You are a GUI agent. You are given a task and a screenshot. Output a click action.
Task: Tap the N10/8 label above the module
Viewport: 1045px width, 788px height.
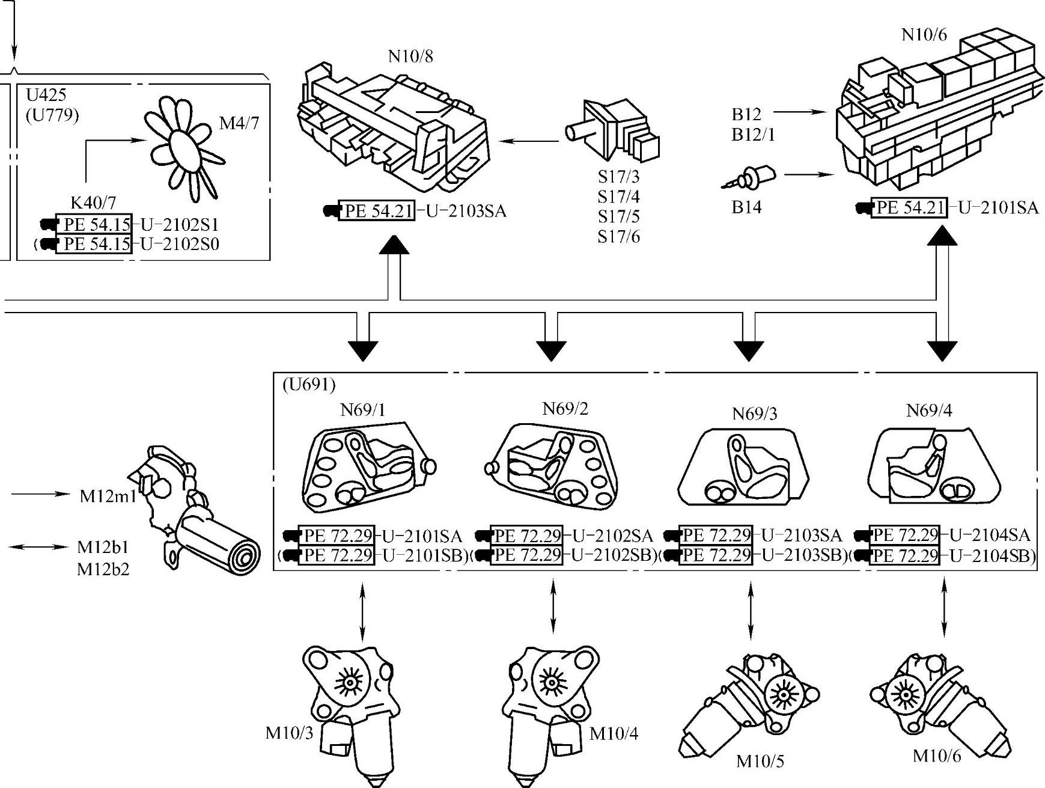click(410, 56)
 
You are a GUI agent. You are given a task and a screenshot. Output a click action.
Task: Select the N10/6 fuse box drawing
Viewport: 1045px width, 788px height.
click(937, 114)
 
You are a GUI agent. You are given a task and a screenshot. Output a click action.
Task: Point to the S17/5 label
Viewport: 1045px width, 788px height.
click(618, 216)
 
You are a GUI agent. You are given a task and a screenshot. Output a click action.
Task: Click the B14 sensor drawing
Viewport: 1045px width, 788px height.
click(751, 178)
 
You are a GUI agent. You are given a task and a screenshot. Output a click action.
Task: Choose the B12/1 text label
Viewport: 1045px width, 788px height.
click(754, 135)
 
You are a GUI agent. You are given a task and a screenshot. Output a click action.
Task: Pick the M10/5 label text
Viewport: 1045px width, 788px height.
click(760, 762)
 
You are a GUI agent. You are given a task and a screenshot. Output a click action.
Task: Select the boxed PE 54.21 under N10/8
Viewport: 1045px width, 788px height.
click(377, 211)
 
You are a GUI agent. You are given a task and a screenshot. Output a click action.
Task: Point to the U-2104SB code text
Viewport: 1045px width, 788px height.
click(992, 556)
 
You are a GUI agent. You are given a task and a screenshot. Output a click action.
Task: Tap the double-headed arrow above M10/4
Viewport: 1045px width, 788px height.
click(553, 605)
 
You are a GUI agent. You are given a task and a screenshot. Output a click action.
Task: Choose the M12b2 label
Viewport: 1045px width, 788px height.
click(103, 569)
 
